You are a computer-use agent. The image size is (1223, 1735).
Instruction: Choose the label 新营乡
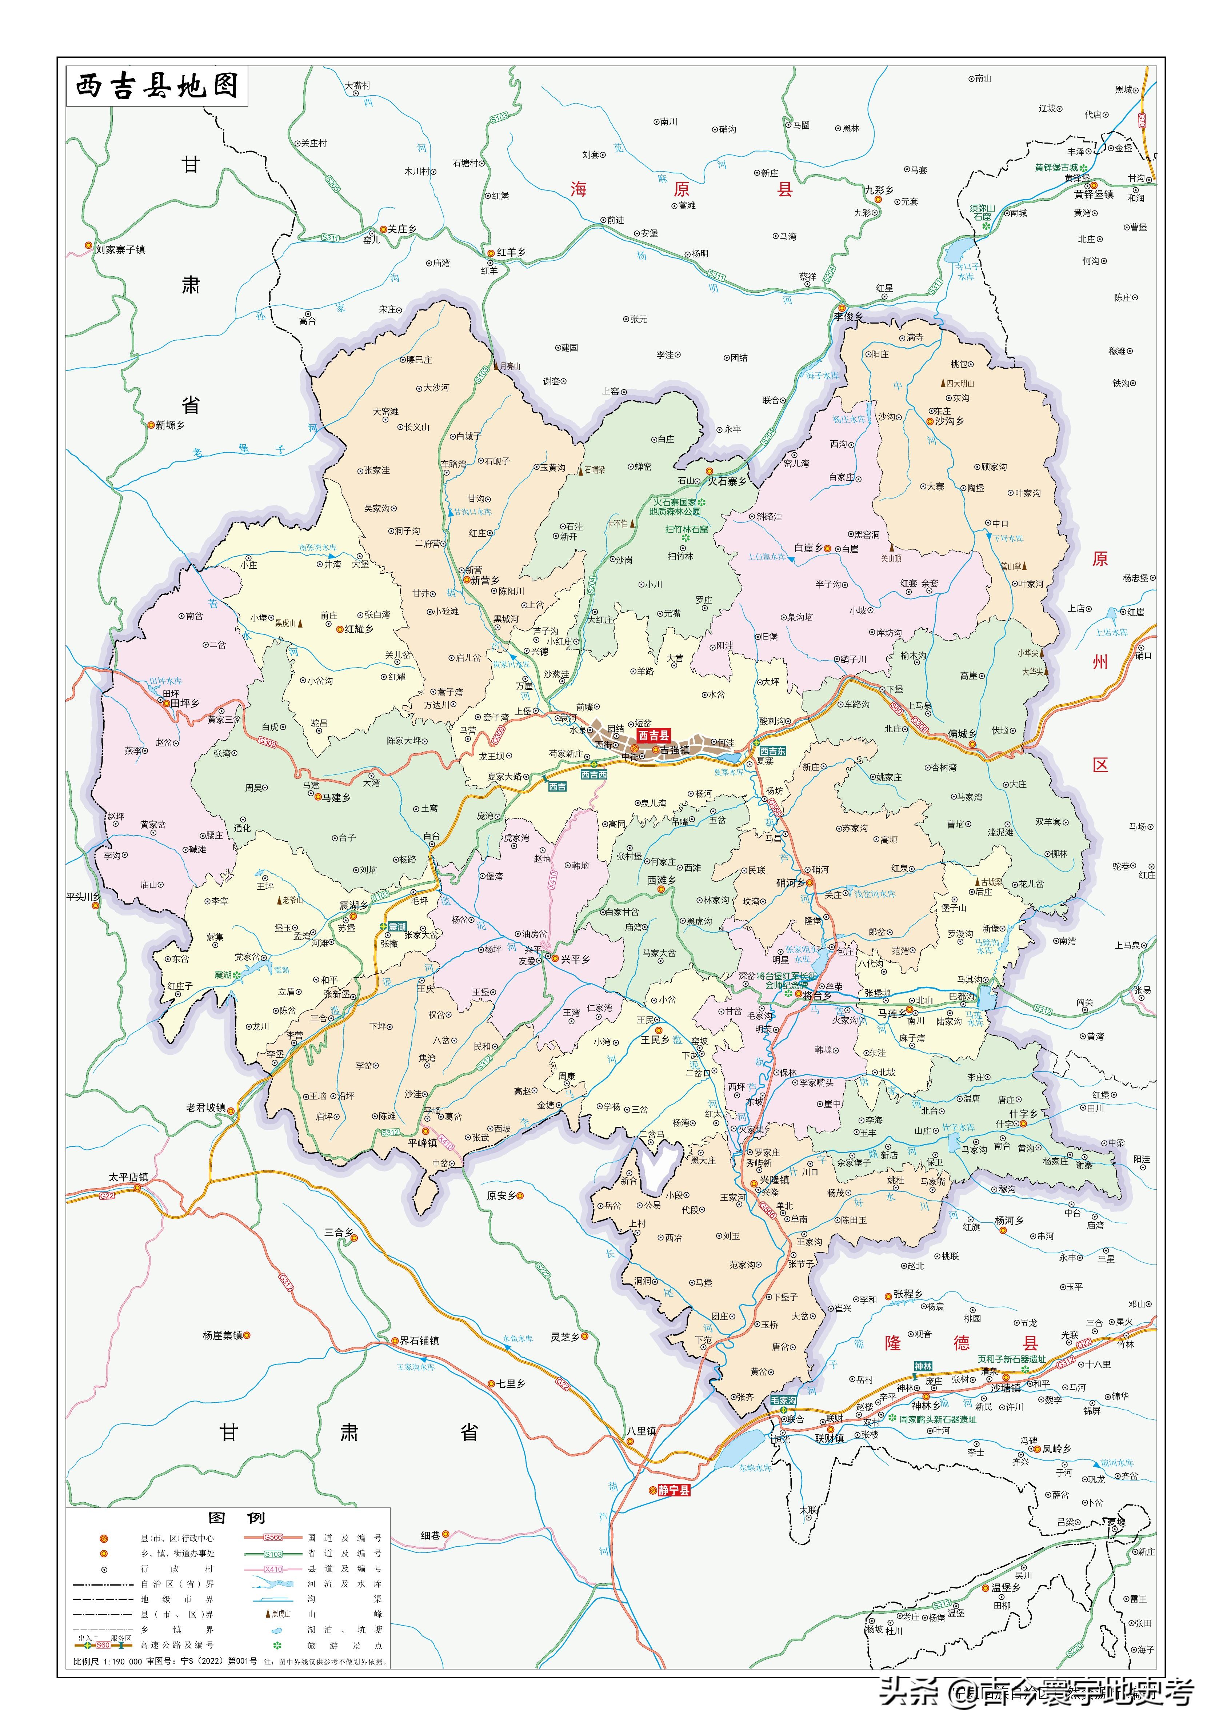484,580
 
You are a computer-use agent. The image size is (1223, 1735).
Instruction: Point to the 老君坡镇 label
205,1108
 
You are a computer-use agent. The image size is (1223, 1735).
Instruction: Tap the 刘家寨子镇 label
120,249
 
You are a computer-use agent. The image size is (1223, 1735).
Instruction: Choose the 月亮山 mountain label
509,366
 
